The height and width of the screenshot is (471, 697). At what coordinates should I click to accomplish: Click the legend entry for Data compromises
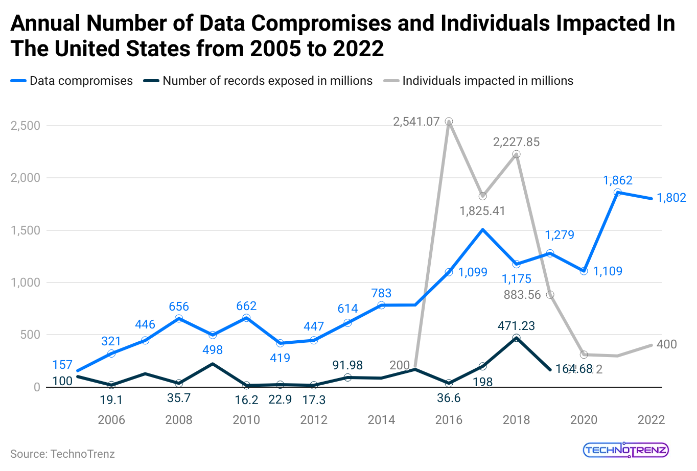pos(72,81)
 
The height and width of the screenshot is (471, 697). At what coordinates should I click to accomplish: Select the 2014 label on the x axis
pos(381,420)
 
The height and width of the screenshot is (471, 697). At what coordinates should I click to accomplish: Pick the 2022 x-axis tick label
pos(651,420)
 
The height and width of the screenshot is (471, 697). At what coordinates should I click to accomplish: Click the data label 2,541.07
pos(416,122)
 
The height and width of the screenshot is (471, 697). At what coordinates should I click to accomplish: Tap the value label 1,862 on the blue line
pos(618,180)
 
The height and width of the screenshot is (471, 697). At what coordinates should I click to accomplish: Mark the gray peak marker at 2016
pos(449,122)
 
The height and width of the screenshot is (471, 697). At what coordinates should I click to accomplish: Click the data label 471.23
pos(516,326)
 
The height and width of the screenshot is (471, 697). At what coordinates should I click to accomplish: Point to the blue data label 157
pos(62,365)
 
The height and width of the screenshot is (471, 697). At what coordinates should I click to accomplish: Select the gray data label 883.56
pos(522,295)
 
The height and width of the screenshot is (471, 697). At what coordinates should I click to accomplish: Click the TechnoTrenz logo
pos(625,450)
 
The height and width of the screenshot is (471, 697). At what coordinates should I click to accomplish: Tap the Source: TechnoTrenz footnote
pos(62,454)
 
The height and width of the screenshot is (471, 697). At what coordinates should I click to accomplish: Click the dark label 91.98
pos(347,365)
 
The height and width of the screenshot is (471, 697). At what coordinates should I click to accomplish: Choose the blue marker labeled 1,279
pos(550,253)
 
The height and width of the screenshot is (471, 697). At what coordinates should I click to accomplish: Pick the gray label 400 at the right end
pos(666,344)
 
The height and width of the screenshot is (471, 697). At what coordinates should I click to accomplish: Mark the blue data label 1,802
pos(671,198)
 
